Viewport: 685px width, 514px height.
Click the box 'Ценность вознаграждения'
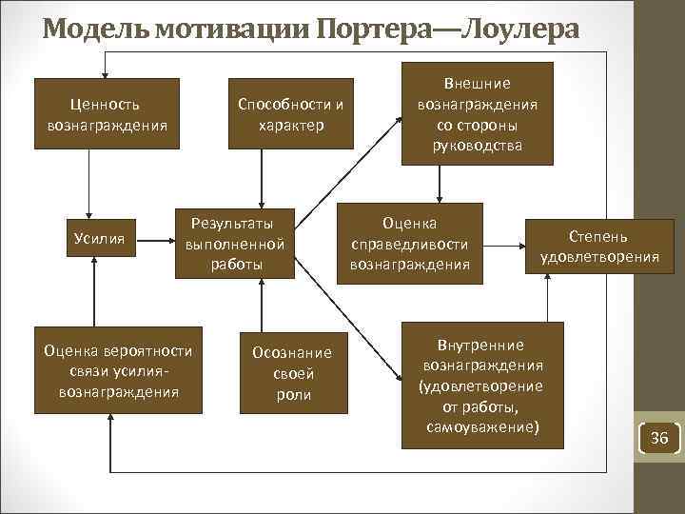pyautogui.click(x=107, y=113)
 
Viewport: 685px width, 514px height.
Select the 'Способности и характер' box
pyautogui.click(x=290, y=113)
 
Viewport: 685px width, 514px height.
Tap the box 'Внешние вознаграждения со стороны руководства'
pyautogui.click(x=479, y=113)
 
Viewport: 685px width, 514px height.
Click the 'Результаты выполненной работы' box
pyautogui.click(x=236, y=244)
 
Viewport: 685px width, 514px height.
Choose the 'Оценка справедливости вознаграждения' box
pyautogui.click(x=409, y=244)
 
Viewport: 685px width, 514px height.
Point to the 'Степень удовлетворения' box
pyautogui.click(x=599, y=245)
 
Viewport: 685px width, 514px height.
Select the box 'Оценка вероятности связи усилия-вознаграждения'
pyautogui.click(x=118, y=371)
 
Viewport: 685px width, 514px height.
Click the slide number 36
pyautogui.click(x=658, y=438)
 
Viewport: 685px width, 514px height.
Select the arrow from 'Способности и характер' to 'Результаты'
pyautogui.click(x=263, y=179)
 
